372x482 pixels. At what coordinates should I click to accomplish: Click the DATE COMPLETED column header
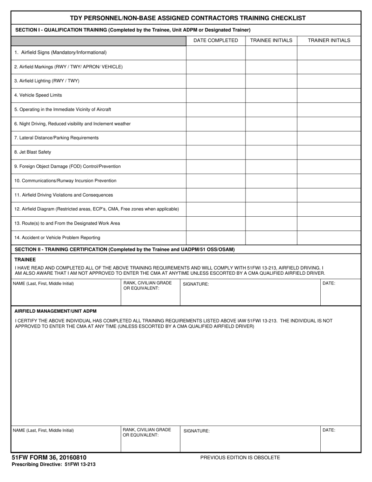coord(215,40)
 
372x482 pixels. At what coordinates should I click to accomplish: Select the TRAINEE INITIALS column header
coord(271,40)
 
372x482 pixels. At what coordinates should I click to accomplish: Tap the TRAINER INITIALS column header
coord(329,40)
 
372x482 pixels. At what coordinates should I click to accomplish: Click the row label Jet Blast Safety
coord(33,152)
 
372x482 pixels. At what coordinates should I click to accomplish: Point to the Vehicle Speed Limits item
coord(38,95)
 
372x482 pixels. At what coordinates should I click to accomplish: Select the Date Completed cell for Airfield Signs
coord(215,53)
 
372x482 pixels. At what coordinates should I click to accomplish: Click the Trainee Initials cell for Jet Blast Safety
coord(271,152)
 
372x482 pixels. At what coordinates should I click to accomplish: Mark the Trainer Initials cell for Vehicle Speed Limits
coord(329,95)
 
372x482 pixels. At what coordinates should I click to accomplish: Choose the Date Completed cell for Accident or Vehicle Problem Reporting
coord(215,237)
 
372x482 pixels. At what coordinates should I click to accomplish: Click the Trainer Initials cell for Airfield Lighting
coord(329,81)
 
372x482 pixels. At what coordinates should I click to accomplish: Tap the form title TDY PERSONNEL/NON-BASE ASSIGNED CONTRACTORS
coord(188,18)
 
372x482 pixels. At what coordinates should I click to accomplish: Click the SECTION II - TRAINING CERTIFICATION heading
coord(125,249)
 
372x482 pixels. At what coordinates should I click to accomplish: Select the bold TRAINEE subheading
coord(25,259)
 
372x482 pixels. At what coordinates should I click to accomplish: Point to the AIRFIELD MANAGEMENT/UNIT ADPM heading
coord(55,311)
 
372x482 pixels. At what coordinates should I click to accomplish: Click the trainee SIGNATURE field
coord(250,292)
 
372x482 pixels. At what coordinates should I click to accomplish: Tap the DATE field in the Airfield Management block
coord(340,439)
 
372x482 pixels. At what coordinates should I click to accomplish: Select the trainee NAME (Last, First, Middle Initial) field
coord(66,292)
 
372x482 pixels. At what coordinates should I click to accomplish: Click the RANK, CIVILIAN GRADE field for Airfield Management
coord(150,439)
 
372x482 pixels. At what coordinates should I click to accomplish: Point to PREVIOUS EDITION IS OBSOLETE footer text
coord(240,457)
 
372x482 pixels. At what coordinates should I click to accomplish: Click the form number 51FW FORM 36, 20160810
coord(49,457)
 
